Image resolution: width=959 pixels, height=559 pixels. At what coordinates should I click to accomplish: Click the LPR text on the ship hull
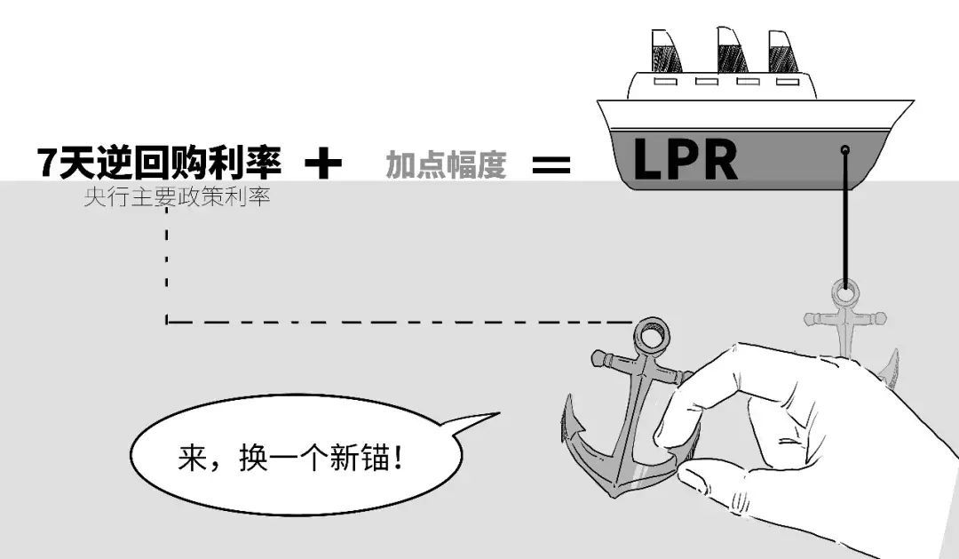tap(685, 160)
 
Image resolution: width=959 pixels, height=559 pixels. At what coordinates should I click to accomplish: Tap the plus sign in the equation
tap(323, 164)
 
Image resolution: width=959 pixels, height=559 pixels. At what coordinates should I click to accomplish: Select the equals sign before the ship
tap(551, 164)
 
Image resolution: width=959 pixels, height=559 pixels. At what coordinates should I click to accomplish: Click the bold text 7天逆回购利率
tap(160, 163)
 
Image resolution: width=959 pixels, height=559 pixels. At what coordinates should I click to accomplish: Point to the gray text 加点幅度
tap(446, 164)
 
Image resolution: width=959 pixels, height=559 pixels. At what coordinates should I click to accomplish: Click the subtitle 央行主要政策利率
tap(177, 197)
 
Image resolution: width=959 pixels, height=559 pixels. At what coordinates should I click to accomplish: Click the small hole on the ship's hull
tap(845, 150)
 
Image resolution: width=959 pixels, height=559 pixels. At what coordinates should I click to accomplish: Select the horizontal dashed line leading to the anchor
tap(400, 321)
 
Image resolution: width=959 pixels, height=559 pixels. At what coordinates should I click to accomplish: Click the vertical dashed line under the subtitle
tap(167, 267)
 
